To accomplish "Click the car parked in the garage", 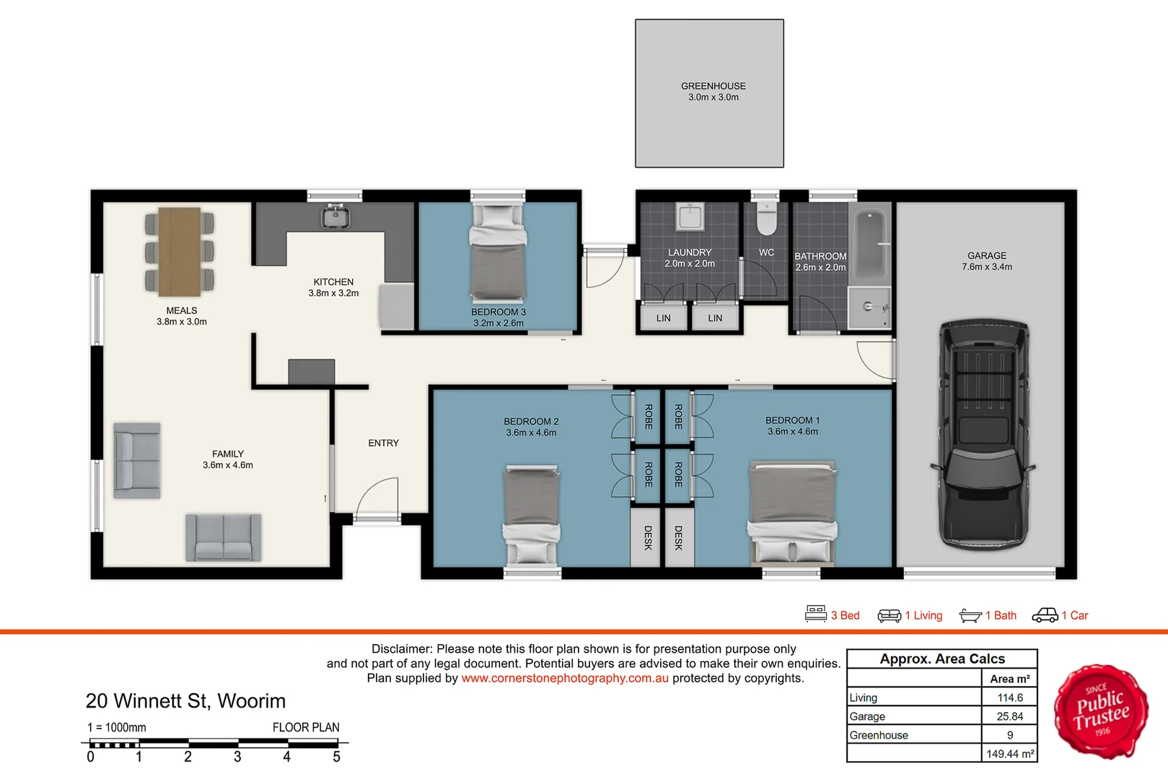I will [x=984, y=433].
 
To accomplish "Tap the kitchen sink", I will [x=335, y=216].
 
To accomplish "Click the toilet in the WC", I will [x=766, y=220].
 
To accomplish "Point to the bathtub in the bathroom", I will [x=871, y=245].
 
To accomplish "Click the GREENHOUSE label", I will [x=713, y=86].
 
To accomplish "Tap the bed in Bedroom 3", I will [x=498, y=252].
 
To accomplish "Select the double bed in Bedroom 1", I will [x=792, y=512].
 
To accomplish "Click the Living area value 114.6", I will [x=1009, y=697].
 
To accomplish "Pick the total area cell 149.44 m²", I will [x=1009, y=754].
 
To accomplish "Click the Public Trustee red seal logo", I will [x=1100, y=711].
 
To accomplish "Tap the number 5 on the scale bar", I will [x=336, y=757].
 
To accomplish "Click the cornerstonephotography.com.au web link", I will [x=565, y=678].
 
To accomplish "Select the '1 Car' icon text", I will [x=1074, y=615].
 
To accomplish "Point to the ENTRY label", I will [x=383, y=443].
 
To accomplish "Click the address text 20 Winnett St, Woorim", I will [x=185, y=701].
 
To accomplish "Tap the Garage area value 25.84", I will [x=1009, y=716].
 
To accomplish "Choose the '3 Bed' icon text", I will [x=845, y=615].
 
